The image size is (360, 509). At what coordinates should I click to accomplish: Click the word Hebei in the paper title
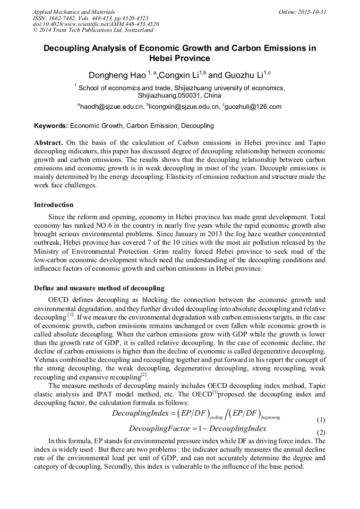[180, 58]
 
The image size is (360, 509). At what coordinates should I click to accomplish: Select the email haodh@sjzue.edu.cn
[113, 107]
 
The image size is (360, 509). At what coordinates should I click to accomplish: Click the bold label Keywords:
[51, 126]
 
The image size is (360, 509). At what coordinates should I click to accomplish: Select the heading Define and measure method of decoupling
[99, 288]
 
